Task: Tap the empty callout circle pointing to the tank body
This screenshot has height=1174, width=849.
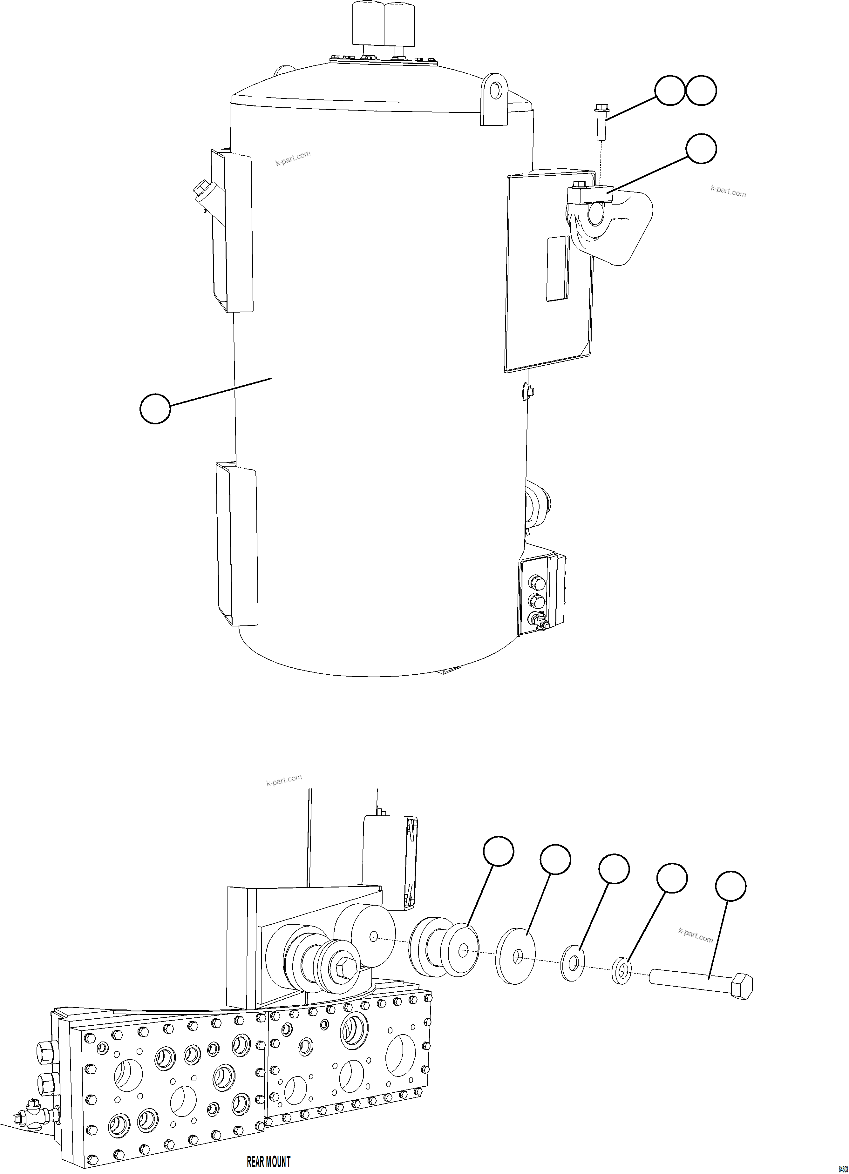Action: click(x=155, y=409)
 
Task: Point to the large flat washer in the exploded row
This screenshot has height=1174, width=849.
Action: click(x=515, y=955)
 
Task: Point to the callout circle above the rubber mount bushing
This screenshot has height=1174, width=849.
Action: click(x=499, y=850)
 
